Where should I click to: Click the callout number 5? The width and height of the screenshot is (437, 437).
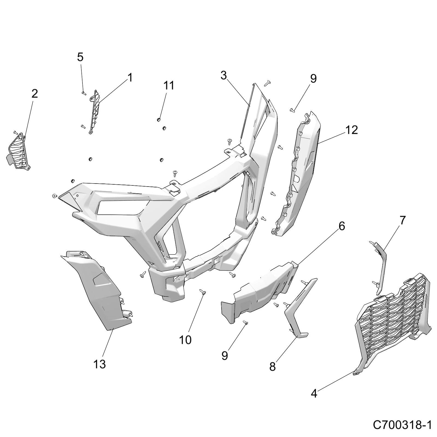(x=80, y=57)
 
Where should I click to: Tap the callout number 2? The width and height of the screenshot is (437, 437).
(x=35, y=94)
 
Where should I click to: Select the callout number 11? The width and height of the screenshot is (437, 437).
(x=169, y=85)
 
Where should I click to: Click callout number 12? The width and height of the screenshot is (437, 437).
(x=352, y=130)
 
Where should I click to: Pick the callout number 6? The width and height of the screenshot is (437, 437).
(x=342, y=226)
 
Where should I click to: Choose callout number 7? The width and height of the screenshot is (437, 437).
(x=403, y=220)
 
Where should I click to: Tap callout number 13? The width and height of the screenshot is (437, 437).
(x=99, y=364)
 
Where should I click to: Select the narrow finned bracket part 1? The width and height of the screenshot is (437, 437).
(x=95, y=112)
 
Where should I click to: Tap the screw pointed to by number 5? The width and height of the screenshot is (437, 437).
(x=84, y=93)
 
